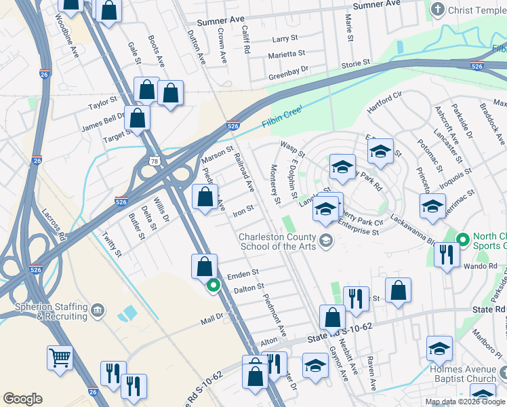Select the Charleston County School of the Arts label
tap(278, 241)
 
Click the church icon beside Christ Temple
tap(438, 9)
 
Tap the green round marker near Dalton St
tap(214, 286)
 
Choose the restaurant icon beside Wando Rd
tap(445, 255)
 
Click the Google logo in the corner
tap(22, 399)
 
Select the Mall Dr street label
tap(211, 318)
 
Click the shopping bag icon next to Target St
tap(137, 118)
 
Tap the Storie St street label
tap(355, 63)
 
